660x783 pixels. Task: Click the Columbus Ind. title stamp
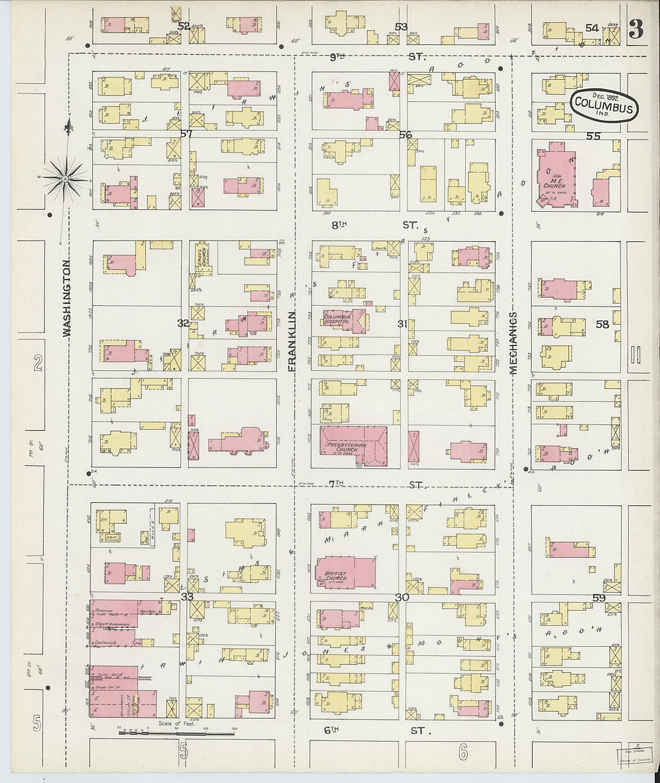[x=604, y=106]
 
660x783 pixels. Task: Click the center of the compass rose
[x=65, y=177]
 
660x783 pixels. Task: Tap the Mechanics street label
[x=514, y=343]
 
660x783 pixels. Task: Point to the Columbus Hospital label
[x=337, y=319]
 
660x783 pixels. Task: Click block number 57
[x=186, y=134]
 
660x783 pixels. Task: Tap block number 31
[x=402, y=324]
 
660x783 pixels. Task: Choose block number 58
[x=602, y=324]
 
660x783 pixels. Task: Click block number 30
[x=401, y=598]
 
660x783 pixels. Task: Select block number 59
[x=599, y=598]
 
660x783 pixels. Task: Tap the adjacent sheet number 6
[x=462, y=751]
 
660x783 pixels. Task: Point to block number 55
[x=593, y=136]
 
